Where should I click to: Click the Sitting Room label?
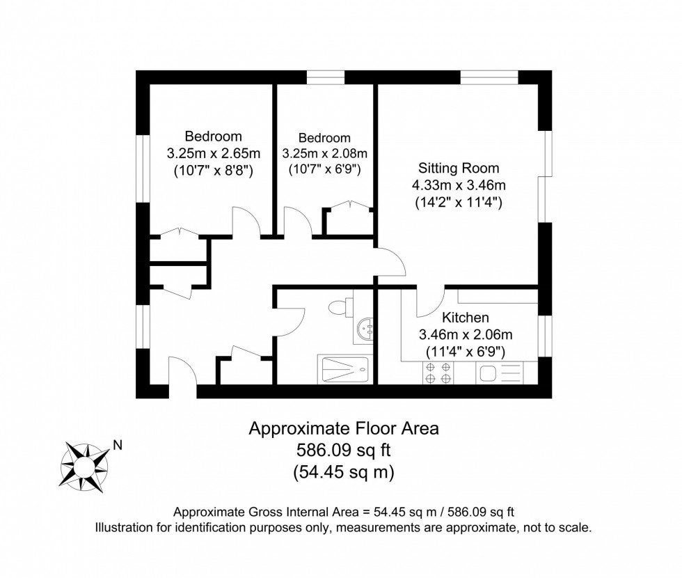(x=459, y=168)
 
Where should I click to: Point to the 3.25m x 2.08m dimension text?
(x=324, y=153)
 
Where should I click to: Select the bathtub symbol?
(x=345, y=368)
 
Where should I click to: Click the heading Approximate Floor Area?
(x=344, y=428)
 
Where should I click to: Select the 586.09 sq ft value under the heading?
(x=344, y=451)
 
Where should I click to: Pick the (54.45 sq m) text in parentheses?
(x=344, y=473)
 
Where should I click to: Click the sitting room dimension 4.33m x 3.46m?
(x=459, y=185)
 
